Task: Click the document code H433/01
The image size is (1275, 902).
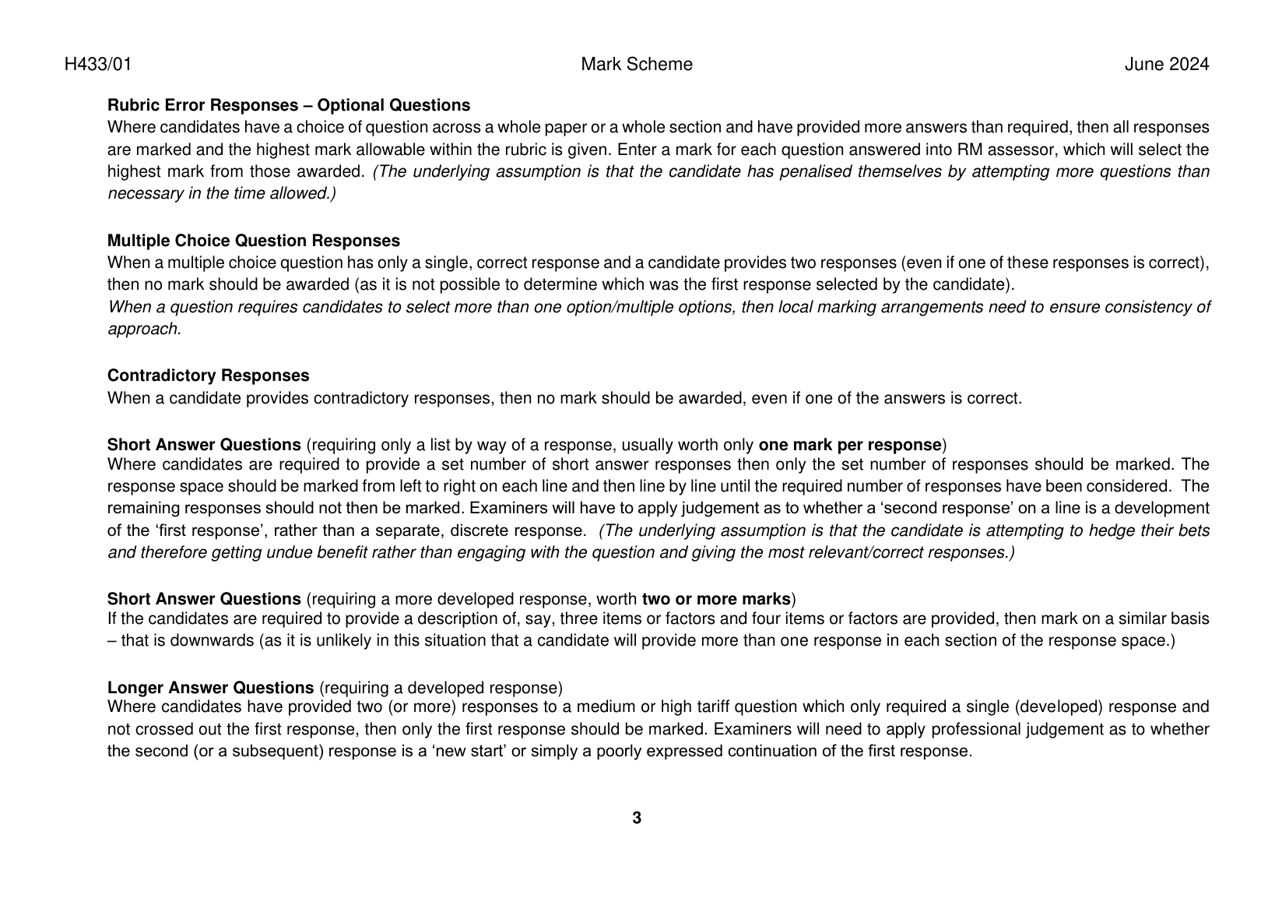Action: [98, 65]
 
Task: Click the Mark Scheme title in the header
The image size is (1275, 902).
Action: [636, 65]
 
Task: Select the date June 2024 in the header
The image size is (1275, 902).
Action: [1166, 65]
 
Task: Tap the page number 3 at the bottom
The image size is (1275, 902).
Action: [637, 818]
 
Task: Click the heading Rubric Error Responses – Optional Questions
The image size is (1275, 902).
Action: [288, 105]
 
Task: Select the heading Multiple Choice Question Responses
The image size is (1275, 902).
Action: [253, 241]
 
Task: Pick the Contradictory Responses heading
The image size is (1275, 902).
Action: [208, 375]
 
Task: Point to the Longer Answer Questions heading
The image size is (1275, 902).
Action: [210, 688]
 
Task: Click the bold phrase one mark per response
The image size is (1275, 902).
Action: [849, 445]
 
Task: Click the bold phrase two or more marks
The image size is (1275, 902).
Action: [715, 599]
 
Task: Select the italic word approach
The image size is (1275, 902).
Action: [144, 329]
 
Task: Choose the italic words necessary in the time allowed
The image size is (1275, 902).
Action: [221, 194]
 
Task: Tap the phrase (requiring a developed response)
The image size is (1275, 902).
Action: [441, 688]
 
